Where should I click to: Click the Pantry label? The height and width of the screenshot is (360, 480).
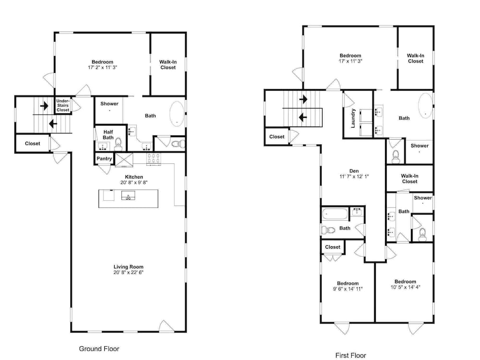click(104, 158)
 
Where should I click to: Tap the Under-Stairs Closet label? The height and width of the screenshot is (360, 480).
click(63, 105)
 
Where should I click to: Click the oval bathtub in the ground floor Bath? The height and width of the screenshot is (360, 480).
click(177, 114)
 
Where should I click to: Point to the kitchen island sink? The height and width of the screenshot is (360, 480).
click(128, 195)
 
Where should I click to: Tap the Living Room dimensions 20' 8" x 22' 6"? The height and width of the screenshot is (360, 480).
click(129, 273)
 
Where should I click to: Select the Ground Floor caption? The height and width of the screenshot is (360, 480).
click(99, 348)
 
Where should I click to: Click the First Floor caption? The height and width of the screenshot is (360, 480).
click(350, 355)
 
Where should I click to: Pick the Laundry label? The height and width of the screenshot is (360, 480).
click(353, 118)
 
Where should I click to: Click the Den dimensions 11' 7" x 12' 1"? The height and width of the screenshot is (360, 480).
click(354, 176)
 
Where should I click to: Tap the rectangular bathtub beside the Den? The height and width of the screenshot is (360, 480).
click(335, 214)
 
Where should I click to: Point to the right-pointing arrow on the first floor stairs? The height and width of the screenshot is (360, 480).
click(303, 99)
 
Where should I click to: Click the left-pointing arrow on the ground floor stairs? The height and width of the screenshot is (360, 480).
click(53, 124)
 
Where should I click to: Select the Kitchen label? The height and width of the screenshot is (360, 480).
click(134, 177)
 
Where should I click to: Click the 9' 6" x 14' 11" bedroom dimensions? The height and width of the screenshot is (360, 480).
click(348, 288)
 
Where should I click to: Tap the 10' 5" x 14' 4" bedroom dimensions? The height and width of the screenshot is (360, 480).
click(405, 287)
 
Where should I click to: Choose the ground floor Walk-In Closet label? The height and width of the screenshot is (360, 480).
click(168, 65)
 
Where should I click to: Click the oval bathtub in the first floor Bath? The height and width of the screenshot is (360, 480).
click(425, 105)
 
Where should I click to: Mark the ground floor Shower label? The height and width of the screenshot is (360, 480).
click(109, 104)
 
